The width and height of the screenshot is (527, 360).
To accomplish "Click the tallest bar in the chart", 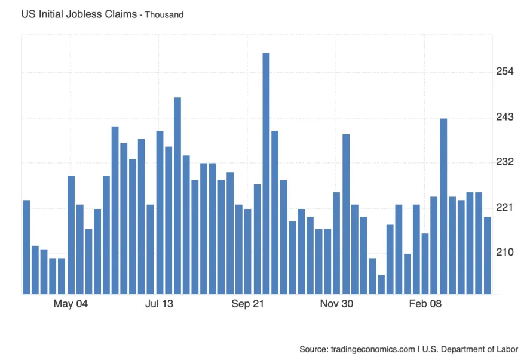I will point(266,173).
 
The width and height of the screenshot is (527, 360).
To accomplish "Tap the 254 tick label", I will point(505,72).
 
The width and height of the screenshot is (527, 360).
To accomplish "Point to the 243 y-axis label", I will point(505,118).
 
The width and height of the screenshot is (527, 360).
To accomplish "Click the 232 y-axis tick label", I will point(505,162).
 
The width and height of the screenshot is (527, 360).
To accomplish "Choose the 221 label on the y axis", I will point(505,208).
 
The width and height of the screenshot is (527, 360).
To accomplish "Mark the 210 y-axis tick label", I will point(505,253).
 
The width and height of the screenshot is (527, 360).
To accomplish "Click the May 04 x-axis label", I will point(71,304).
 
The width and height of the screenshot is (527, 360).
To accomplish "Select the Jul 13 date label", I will point(159,304).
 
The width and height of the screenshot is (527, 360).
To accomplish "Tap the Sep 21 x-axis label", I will point(248,304).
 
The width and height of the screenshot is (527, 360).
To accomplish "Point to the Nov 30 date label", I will point(336,304).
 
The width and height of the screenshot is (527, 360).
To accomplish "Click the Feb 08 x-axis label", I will point(425,304).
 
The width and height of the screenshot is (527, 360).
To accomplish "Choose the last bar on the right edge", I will point(488,255).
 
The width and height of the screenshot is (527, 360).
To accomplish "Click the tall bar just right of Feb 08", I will point(443,206).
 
